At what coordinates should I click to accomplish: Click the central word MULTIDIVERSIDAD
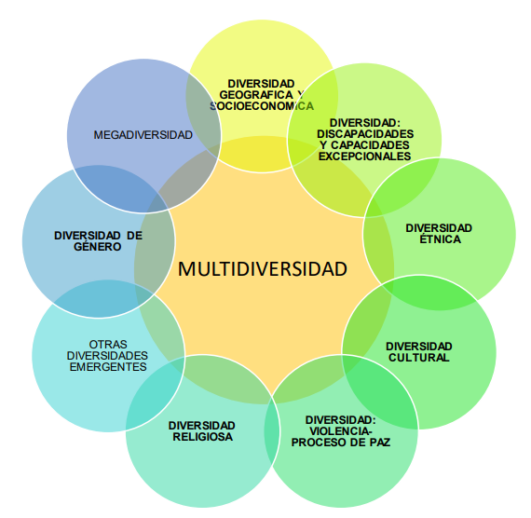(263, 268)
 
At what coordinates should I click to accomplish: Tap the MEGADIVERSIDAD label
(143, 135)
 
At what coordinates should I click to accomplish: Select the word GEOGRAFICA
(256, 95)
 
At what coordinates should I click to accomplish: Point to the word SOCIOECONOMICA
(262, 106)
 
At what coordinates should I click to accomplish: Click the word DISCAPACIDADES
(365, 134)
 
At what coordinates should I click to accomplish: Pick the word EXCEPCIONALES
(365, 157)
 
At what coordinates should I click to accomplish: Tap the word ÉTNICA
(440, 239)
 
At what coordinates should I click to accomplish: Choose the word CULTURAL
(419, 358)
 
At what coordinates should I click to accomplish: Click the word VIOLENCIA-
(341, 431)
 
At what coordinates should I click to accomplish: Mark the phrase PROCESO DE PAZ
(341, 443)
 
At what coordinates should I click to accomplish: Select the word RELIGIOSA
(202, 437)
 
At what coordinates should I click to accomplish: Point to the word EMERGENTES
(108, 366)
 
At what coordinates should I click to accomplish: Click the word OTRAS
(108, 344)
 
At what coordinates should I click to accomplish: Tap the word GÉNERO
(98, 246)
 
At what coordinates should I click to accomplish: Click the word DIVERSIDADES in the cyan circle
(107, 355)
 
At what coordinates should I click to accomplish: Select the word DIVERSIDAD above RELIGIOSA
(202, 426)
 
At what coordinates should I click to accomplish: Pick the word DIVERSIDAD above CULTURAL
(419, 347)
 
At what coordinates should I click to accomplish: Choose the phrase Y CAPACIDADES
(365, 145)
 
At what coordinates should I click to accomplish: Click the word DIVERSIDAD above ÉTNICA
(439, 228)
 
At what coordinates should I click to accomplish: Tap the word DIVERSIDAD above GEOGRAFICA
(261, 84)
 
